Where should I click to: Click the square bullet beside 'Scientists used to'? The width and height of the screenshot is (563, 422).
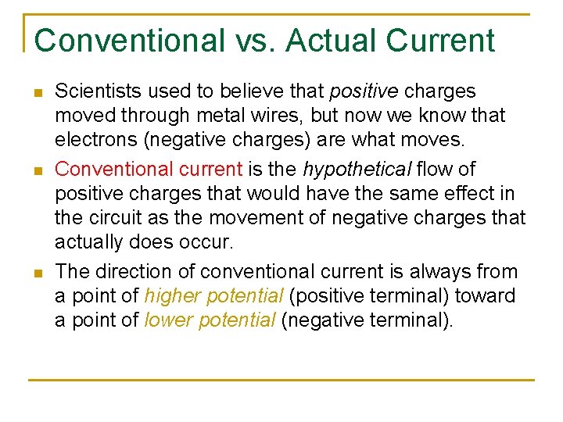(x=38, y=93)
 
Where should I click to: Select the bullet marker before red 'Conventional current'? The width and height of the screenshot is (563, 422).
(x=38, y=170)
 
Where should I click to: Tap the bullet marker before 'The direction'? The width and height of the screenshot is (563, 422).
(x=38, y=273)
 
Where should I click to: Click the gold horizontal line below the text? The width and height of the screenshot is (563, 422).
(x=281, y=380)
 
